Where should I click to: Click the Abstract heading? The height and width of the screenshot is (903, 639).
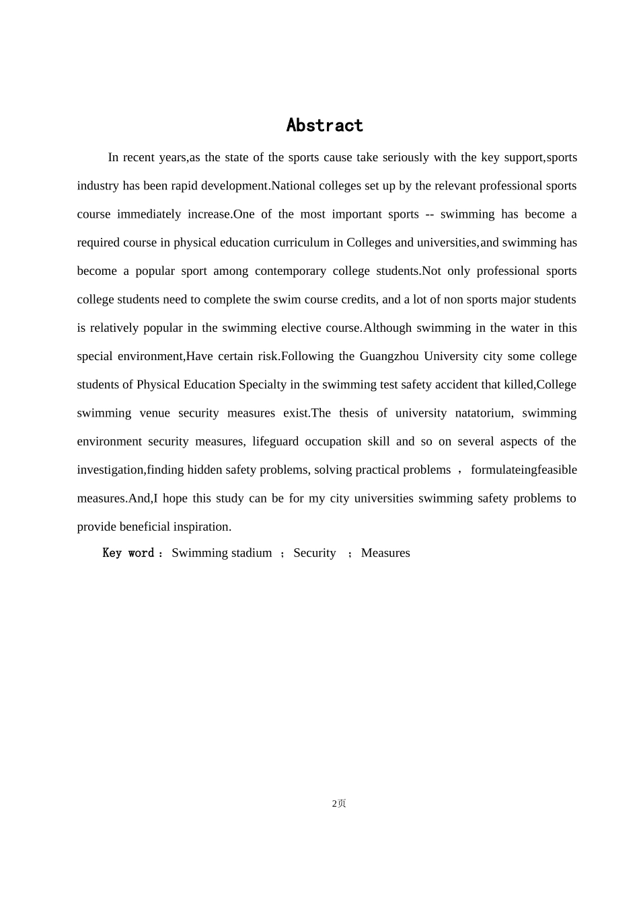coord(324,126)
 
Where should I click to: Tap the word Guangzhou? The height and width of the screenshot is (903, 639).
coord(389,356)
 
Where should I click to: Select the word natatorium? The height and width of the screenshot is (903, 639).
coord(484,413)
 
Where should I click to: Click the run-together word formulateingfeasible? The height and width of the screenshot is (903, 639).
coord(523,470)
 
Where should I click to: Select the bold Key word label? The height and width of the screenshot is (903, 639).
coord(128,553)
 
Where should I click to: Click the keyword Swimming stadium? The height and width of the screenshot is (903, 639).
coord(221,553)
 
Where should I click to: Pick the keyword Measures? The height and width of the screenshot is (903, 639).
coord(385,553)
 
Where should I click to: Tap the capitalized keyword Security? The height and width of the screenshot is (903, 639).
coord(314,553)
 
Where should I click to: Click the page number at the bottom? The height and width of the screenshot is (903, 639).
coord(339,804)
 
